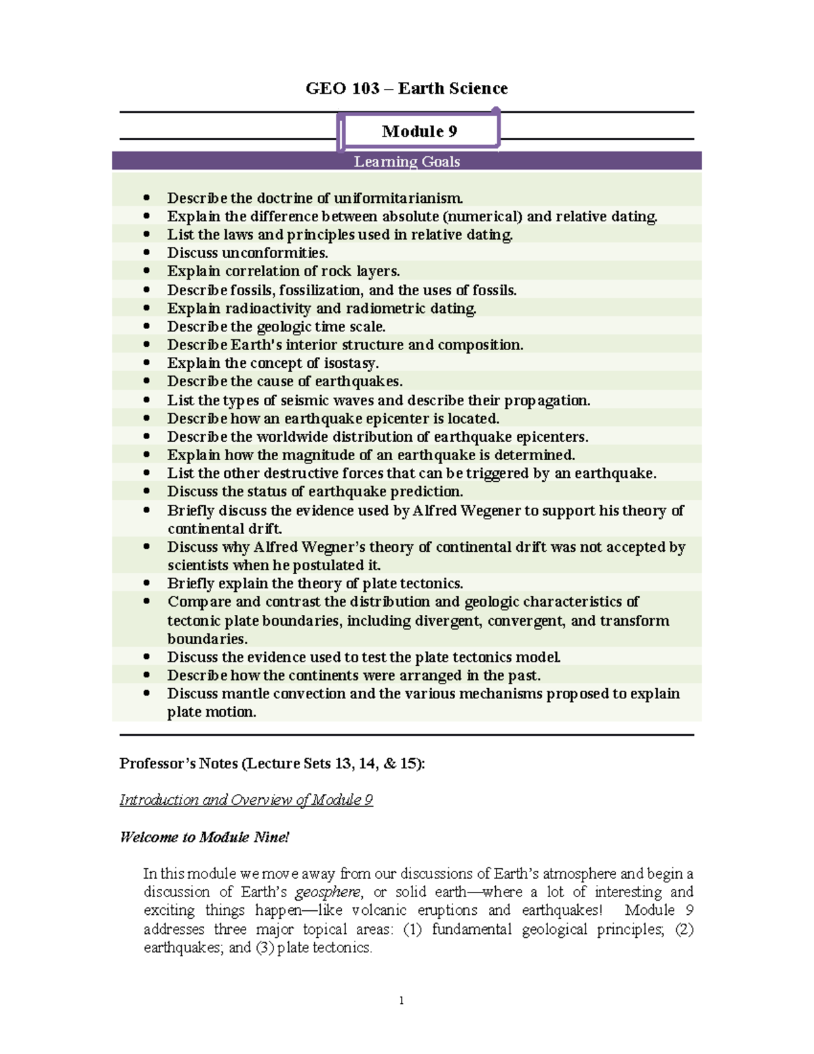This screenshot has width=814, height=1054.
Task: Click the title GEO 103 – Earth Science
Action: pos(406,88)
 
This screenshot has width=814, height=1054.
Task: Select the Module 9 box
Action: pos(419,131)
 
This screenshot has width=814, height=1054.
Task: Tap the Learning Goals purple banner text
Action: pos(406,162)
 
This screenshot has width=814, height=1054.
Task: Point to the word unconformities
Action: pos(275,253)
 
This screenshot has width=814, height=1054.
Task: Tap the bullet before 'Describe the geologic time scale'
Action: pos(147,326)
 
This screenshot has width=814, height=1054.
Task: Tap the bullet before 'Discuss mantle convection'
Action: pos(147,694)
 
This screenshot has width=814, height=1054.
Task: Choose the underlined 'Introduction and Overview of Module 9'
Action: pos(246,800)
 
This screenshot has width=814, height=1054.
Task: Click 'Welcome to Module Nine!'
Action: pos(204,837)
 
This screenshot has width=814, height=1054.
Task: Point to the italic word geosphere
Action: pos(328,892)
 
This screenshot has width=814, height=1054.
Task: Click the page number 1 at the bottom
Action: pos(402,1000)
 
